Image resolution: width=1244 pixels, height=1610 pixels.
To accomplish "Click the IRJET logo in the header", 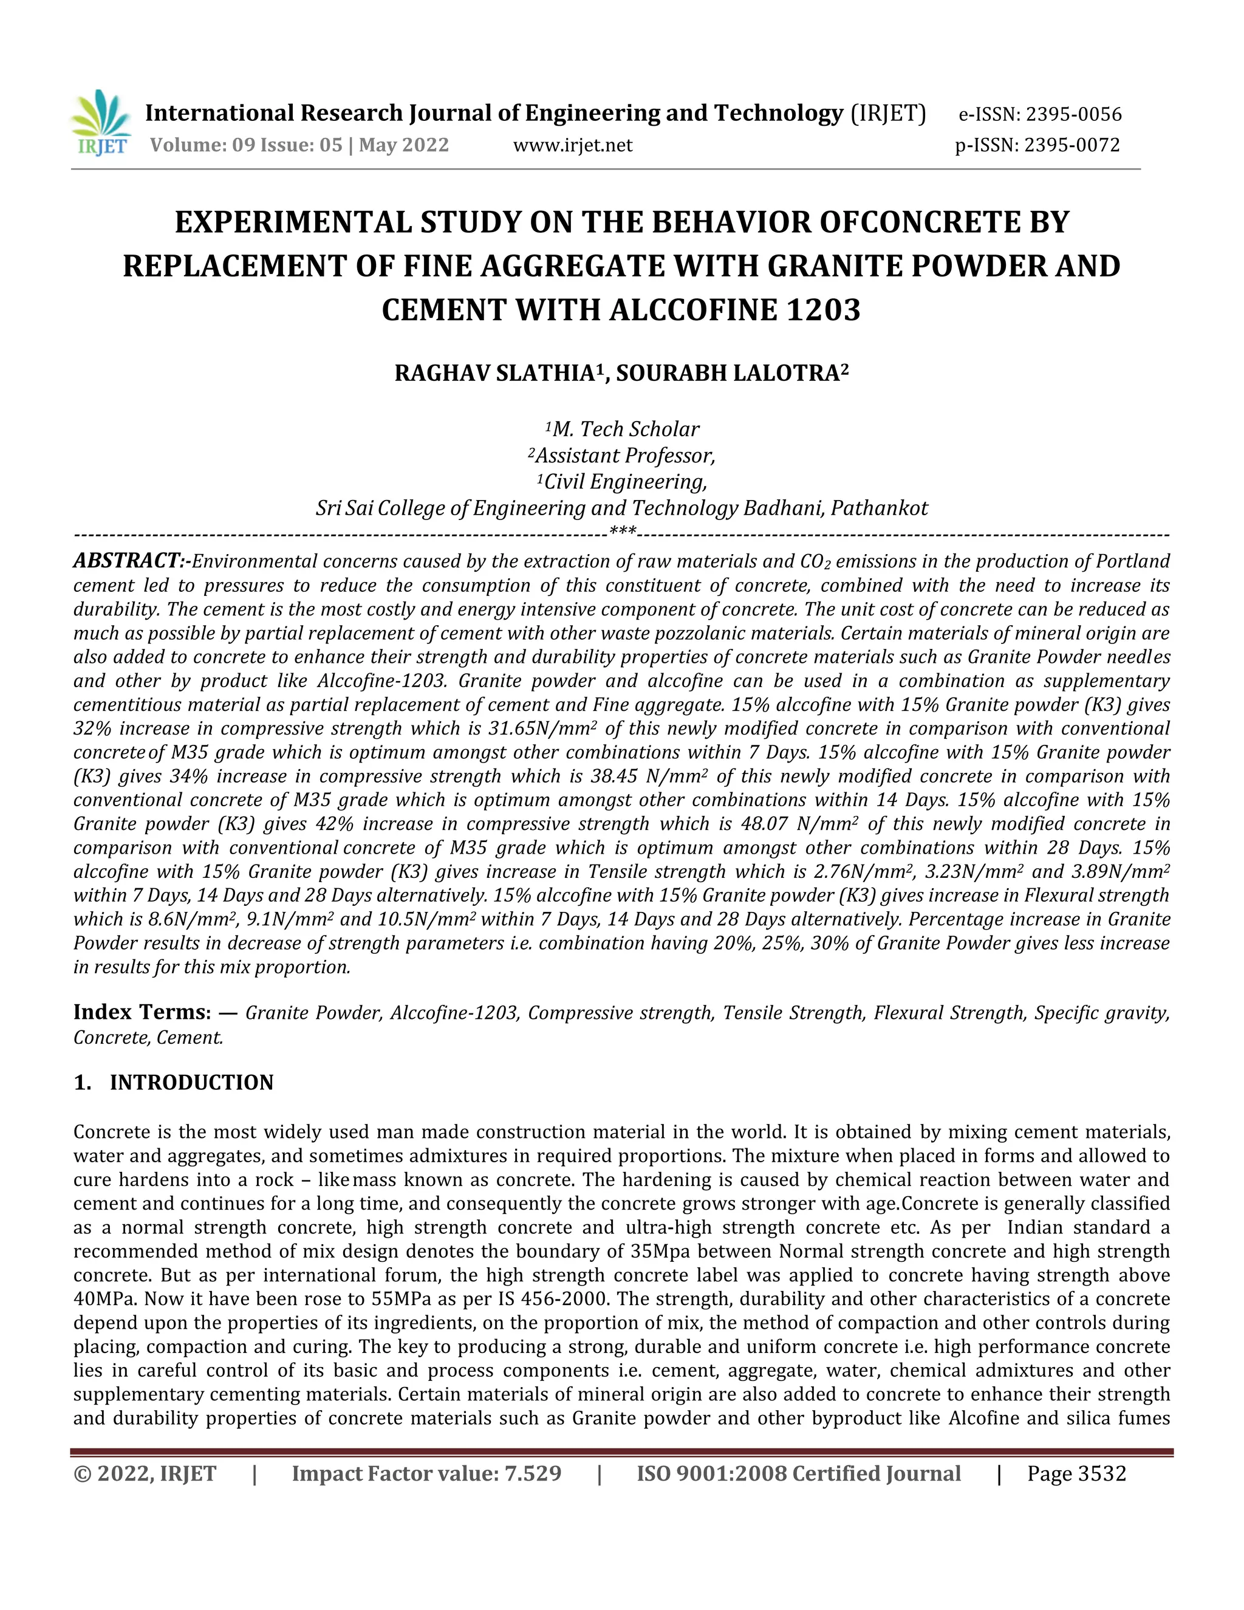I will [101, 123].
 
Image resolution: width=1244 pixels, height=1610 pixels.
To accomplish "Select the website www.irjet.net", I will [573, 145].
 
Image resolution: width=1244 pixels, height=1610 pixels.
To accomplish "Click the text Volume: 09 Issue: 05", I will [246, 145].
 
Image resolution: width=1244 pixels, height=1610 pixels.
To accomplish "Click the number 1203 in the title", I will [822, 310].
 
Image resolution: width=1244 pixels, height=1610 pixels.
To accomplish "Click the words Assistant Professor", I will [625, 456].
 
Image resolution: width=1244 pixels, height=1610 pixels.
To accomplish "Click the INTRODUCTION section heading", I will [191, 1082].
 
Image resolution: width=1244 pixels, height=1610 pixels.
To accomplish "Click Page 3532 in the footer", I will [1077, 1474].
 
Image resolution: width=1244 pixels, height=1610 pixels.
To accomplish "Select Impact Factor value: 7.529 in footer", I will [426, 1474].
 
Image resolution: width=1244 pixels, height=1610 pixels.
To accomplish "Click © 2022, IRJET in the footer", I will [145, 1474].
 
